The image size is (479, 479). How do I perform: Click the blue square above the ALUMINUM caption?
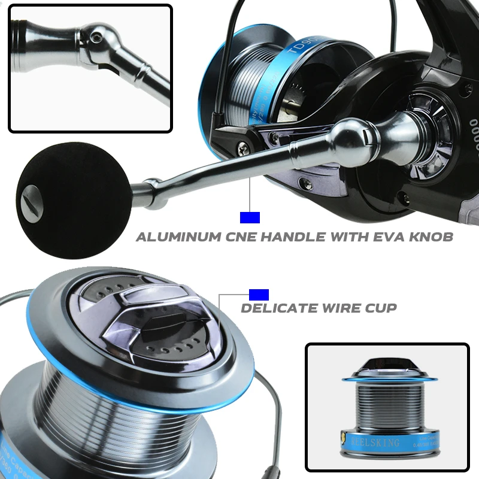pos(249,217)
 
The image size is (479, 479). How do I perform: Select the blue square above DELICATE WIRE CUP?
pos(259,295)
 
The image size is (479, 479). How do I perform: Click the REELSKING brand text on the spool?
pos(372,442)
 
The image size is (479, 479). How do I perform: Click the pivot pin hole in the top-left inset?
pos(96,38)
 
